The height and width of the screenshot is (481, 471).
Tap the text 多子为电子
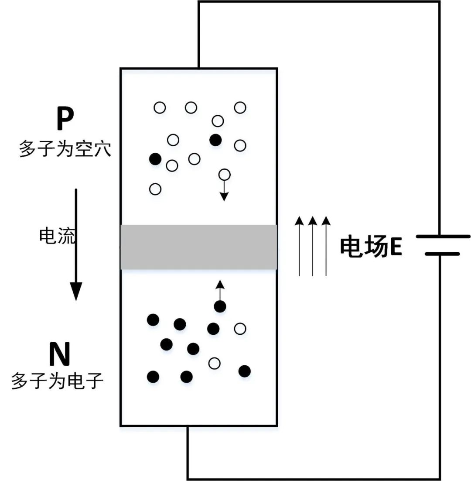[x=57, y=381]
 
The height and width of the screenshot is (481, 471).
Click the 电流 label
[x=57, y=236]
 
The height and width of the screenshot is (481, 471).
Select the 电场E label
[x=371, y=247]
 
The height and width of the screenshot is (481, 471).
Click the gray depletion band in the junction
[x=198, y=247]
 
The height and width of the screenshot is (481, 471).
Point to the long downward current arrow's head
[x=76, y=292]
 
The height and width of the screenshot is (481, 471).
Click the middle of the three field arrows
[x=312, y=247]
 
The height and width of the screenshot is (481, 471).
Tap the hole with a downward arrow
[x=224, y=175]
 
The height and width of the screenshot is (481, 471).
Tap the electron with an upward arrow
[x=220, y=306]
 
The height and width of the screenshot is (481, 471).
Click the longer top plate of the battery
[x=443, y=237]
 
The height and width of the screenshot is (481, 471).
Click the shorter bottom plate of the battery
[x=442, y=254]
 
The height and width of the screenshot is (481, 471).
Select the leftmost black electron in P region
[x=155, y=159]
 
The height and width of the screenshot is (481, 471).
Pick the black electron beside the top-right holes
[x=215, y=140]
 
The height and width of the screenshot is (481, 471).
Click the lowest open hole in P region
[x=155, y=189]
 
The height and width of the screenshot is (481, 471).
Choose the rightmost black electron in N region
[x=245, y=371]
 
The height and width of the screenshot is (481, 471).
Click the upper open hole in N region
[x=240, y=329]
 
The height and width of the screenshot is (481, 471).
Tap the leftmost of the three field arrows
[x=299, y=247]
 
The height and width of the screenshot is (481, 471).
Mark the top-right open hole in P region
[x=240, y=107]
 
